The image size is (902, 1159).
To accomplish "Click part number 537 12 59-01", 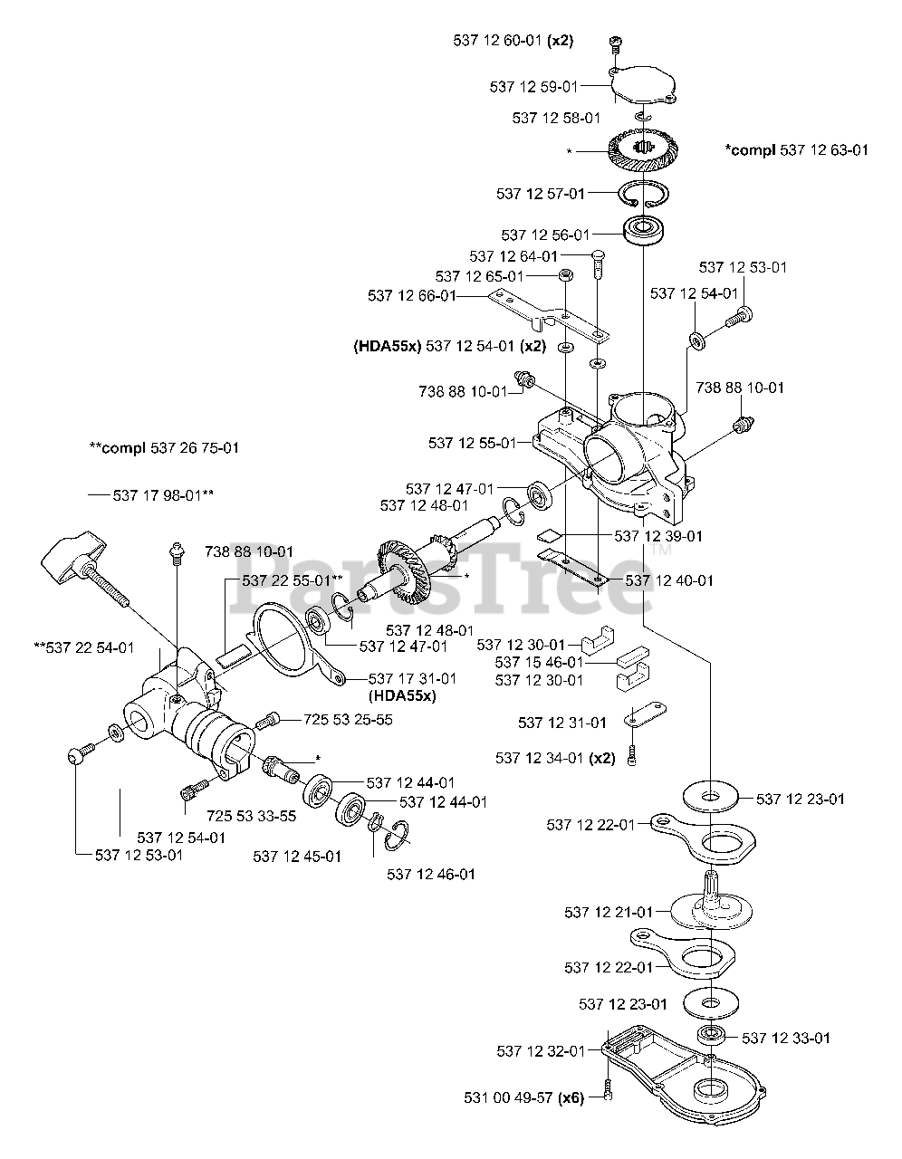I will (x=533, y=86).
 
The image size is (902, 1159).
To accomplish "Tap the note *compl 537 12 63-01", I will (x=796, y=148).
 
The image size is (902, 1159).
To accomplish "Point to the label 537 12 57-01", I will (x=541, y=193).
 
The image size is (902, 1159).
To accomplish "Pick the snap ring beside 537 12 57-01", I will (x=642, y=196).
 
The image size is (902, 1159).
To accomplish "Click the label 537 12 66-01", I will (x=412, y=295).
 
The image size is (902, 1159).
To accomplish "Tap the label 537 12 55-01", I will (x=472, y=443).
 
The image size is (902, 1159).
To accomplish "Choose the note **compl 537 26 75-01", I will (x=164, y=447).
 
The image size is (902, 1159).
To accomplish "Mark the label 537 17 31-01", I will (x=412, y=678).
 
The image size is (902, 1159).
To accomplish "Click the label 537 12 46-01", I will (x=430, y=874).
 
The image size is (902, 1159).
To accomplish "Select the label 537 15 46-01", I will (x=539, y=662).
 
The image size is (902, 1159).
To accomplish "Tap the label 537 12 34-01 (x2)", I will (x=555, y=757).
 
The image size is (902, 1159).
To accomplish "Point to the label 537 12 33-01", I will (x=786, y=1038).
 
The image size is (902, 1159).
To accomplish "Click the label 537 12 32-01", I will (x=541, y=1050).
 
